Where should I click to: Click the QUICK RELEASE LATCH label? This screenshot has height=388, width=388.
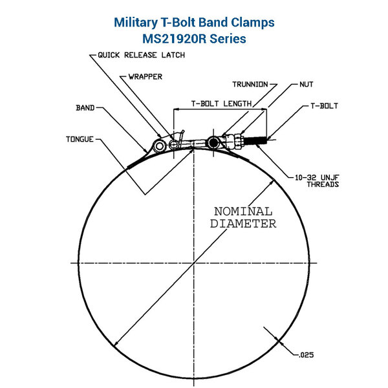[141, 56]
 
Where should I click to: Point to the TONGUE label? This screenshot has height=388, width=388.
[80, 138]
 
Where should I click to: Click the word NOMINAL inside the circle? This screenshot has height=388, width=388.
[242, 211]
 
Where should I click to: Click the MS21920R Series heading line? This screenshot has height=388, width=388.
[194, 39]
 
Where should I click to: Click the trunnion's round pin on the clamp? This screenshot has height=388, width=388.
[212, 142]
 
